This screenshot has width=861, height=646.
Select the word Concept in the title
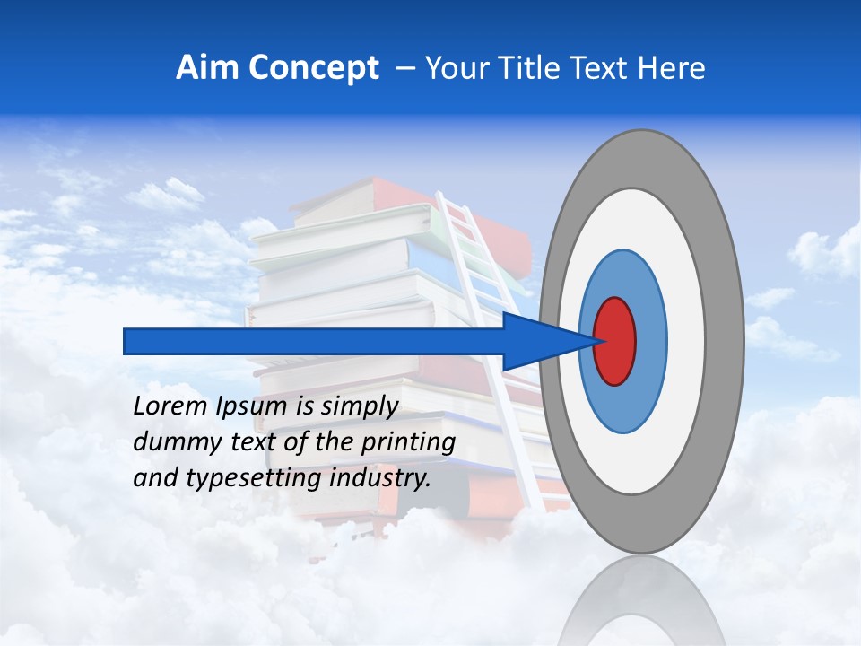(x=313, y=68)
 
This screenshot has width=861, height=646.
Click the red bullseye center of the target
(x=615, y=340)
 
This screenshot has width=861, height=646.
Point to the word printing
(x=408, y=441)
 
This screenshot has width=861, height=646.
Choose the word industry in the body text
(x=380, y=477)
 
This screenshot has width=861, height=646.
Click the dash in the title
(x=404, y=68)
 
